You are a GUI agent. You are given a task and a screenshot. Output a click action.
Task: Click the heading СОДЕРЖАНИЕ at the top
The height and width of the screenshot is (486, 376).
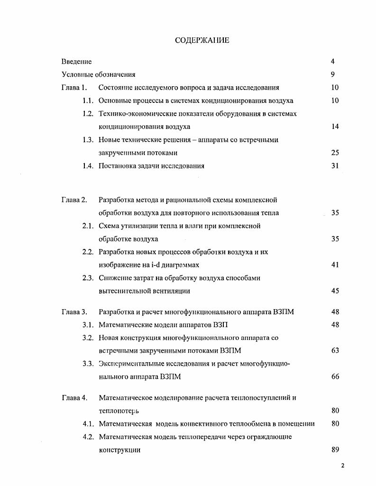pos(202,40)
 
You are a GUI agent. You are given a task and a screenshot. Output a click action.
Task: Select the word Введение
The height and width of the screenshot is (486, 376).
pos(76,62)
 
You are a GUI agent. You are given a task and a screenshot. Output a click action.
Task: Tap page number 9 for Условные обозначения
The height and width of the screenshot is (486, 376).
pos(333,74)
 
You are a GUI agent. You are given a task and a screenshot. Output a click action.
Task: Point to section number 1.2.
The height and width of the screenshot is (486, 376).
pos(87,114)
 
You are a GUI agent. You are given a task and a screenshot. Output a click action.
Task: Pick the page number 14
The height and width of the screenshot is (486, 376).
pos(335,127)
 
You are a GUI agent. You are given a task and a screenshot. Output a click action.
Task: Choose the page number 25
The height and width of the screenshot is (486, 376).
pos(335,153)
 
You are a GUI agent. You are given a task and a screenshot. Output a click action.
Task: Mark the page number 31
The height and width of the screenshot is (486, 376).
pos(335,166)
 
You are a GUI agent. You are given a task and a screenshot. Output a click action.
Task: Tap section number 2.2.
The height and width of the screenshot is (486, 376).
pos(87,252)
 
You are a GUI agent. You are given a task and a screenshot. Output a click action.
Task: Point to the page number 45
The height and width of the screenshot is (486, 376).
pos(335,291)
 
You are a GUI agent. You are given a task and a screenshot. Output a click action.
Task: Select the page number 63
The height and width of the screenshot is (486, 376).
pos(335,351)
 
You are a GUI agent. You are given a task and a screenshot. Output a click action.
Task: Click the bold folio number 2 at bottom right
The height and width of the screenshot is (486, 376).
pos(342,466)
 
